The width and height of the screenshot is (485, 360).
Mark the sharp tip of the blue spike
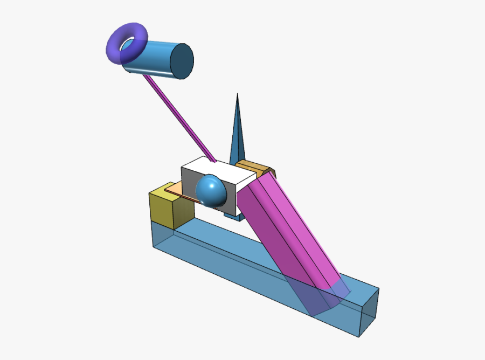click(x=237, y=95)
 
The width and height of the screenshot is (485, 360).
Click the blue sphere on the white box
click(x=210, y=190)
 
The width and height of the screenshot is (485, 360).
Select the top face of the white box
click(x=218, y=170)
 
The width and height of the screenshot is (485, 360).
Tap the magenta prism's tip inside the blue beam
click(x=323, y=299)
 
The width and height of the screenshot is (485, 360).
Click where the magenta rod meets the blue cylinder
click(x=146, y=77)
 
